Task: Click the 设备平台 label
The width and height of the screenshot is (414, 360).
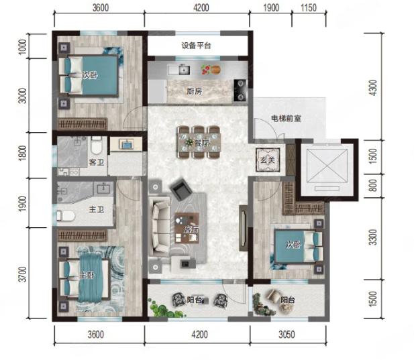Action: coord(196,46)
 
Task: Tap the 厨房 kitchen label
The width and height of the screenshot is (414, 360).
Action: coord(195,92)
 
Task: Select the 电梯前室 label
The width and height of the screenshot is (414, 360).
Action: coord(286,119)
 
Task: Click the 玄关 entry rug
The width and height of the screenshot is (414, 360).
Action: coord(268,160)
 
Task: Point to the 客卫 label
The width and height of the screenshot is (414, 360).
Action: coord(97,162)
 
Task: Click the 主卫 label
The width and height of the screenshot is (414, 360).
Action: coord(96,210)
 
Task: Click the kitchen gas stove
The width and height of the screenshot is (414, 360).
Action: coord(240,91)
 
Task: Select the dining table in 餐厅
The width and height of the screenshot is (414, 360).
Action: coord(199,142)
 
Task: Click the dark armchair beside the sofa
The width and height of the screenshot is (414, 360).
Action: coord(181,188)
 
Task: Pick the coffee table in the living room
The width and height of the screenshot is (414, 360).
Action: coord(187,228)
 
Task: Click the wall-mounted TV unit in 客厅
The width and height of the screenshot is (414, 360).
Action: coord(243,228)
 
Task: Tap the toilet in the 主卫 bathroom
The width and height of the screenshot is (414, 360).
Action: coord(66,216)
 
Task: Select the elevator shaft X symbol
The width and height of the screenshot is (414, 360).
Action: coord(326,166)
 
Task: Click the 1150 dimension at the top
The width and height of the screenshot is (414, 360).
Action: coord(309,8)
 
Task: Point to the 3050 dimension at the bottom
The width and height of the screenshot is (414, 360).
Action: coord(287,335)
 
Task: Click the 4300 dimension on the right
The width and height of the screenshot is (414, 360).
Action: coord(373,88)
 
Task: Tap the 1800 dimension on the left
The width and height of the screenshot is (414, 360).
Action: coord(23,153)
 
